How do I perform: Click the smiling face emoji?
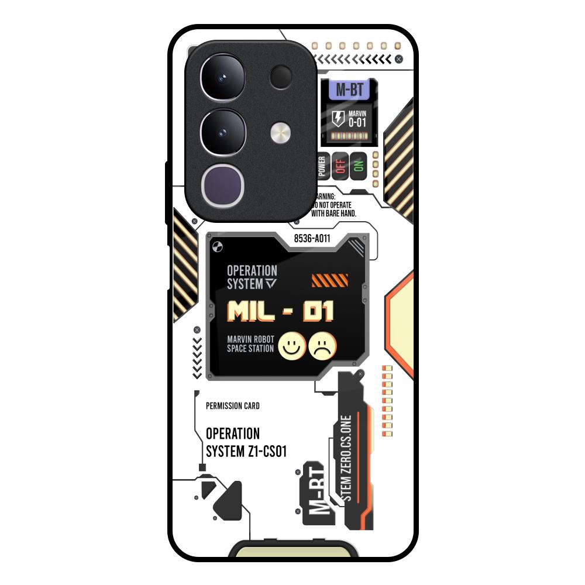click(x=292, y=346)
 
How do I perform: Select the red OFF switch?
click(x=340, y=165)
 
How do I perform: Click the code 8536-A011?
click(x=312, y=238)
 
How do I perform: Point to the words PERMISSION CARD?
click(x=233, y=406)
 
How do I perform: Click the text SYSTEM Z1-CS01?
click(x=246, y=452)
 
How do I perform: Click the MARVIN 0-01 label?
click(x=357, y=119)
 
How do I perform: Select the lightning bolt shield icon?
click(x=338, y=119)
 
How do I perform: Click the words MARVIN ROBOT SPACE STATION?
click(x=250, y=344)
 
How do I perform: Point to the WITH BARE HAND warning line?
click(x=333, y=214)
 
